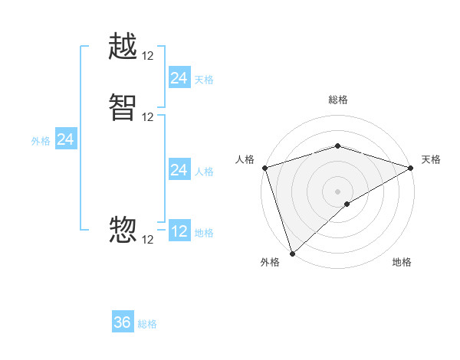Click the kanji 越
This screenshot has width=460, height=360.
coord(123,47)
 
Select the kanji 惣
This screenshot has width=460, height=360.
coord(123,229)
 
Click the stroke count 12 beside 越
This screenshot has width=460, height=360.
coord(148,56)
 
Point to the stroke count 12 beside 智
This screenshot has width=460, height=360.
coord(148,117)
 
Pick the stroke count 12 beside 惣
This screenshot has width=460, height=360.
coord(148,240)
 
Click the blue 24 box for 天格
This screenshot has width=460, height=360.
coord(179,78)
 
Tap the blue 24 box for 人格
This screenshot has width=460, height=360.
coord(179,170)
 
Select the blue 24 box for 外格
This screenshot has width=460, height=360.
coord(66,139)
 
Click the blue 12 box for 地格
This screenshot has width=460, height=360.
coord(179,231)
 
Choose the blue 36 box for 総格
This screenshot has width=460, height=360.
coord(123,322)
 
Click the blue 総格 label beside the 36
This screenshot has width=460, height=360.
coord(147,324)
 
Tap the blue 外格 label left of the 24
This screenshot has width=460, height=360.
coord(41,141)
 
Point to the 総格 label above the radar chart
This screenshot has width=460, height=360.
coord(337,100)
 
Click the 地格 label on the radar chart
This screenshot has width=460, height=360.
coord(402,263)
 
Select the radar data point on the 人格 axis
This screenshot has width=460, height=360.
coord(264,168)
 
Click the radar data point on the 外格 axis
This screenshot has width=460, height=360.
coord(292,253)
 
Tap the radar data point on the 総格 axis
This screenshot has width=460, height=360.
coord(337,146)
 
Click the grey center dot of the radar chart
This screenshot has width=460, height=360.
coord(337,191)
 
